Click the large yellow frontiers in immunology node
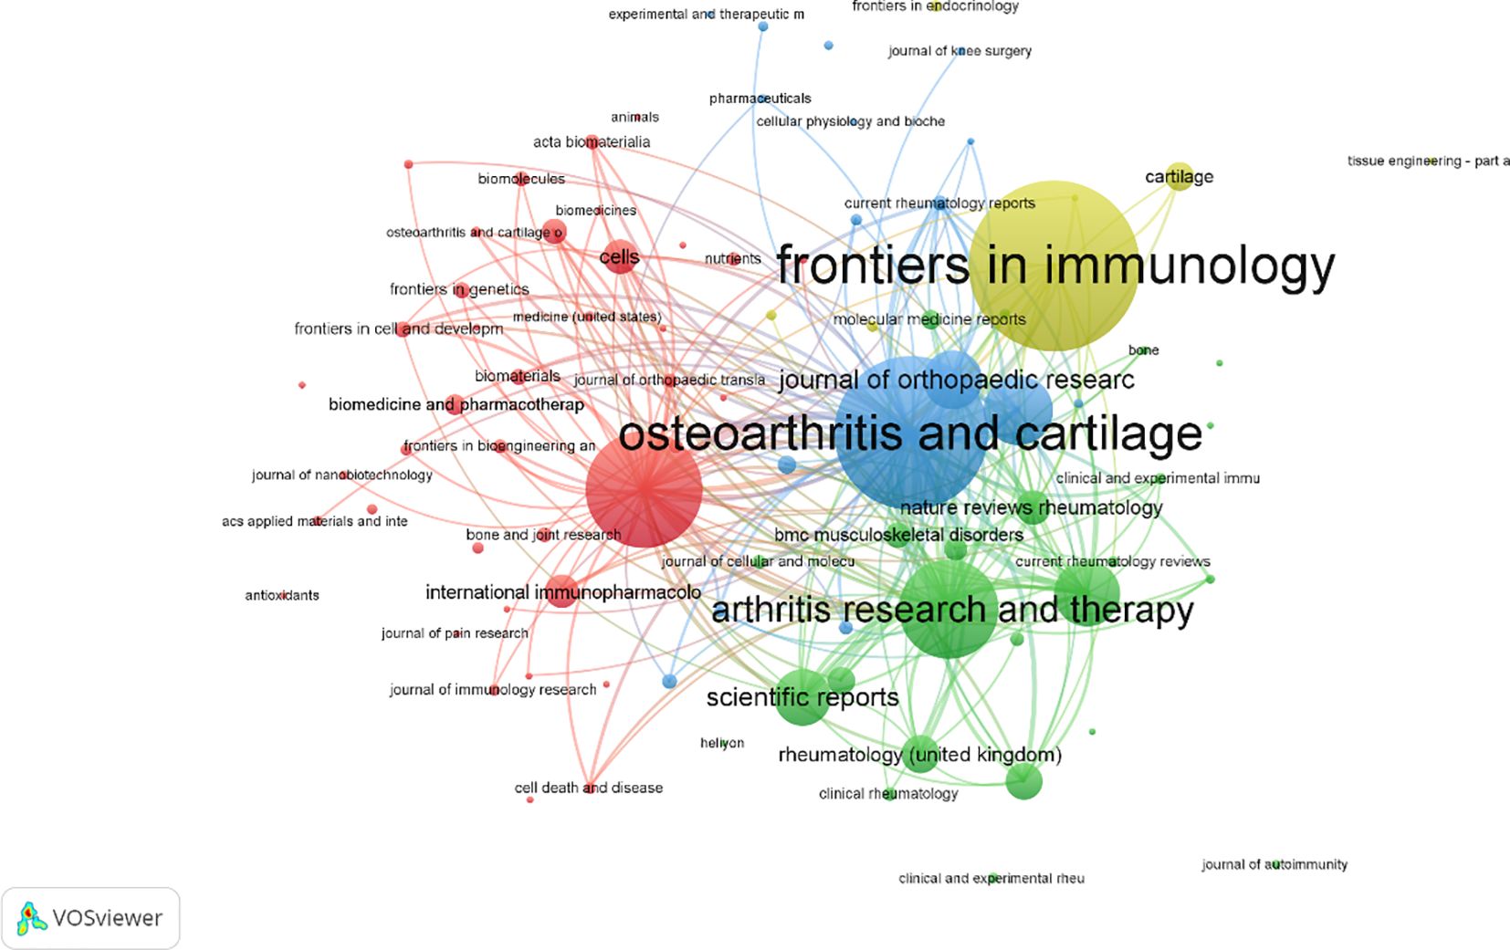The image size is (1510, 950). pos(1054,266)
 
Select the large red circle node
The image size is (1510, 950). pos(644,490)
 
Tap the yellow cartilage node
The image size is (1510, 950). pos(1180,176)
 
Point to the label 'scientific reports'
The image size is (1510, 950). pos(802,697)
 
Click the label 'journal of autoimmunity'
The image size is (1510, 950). pos(1274,864)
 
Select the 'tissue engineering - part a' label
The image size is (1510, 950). pos(1429,161)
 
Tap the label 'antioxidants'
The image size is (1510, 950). pos(282,595)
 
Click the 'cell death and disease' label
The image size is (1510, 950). pos(589,788)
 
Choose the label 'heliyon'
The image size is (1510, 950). pos(722,743)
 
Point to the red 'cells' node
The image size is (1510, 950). pos(620,257)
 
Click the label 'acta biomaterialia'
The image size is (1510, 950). pos(592,141)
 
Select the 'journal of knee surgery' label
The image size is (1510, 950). pos(959,51)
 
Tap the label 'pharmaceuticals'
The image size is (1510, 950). pos(760,98)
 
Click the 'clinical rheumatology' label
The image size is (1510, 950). pos(888,793)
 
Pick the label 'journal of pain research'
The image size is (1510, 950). pos(455,632)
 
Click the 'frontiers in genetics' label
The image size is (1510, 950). pos(459,289)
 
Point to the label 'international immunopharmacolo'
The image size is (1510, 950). pos(563,592)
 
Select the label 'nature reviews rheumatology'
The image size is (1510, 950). pos(1031,507)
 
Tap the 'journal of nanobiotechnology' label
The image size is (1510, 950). pos(342,475)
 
